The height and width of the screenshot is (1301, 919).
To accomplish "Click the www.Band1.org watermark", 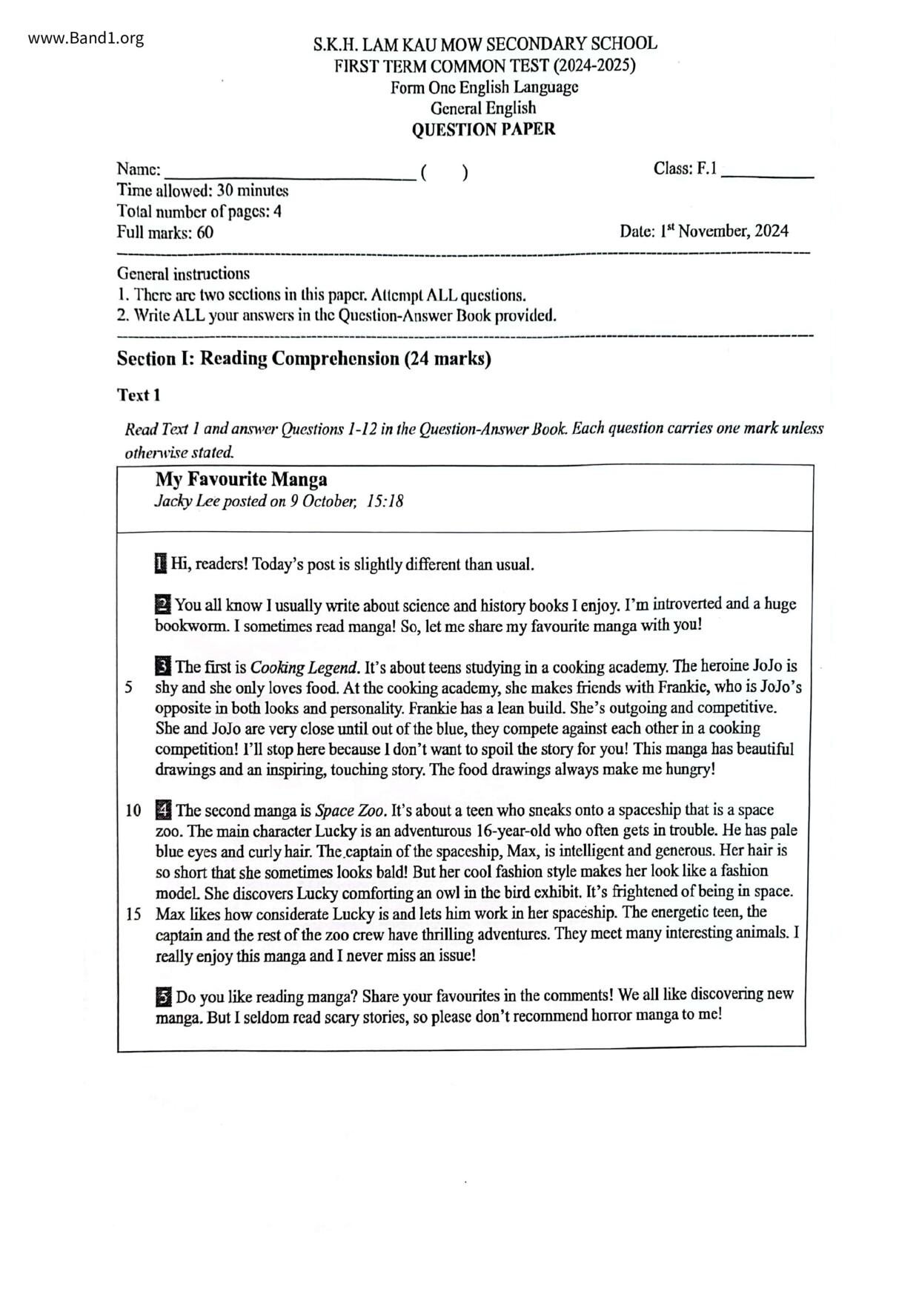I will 85,39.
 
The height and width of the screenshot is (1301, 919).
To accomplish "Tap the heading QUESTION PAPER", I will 483,130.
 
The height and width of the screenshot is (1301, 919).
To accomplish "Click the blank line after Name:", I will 289,175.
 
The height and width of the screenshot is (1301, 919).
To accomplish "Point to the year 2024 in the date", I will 772,231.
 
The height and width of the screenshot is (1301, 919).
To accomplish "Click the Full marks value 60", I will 205,233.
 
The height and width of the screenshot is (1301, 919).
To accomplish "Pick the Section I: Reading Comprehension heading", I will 304,359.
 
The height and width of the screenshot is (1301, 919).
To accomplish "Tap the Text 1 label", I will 139,395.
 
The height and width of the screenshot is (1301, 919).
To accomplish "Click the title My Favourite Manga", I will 241,479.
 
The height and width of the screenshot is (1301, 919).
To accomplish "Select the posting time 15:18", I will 385,501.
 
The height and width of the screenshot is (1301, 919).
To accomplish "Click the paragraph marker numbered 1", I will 161,564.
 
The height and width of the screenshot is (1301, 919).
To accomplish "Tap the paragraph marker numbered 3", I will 163,666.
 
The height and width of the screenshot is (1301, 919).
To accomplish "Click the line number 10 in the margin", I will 133,810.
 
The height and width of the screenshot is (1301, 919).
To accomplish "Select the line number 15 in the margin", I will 133,913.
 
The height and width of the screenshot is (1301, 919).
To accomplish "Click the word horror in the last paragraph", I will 611,1015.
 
